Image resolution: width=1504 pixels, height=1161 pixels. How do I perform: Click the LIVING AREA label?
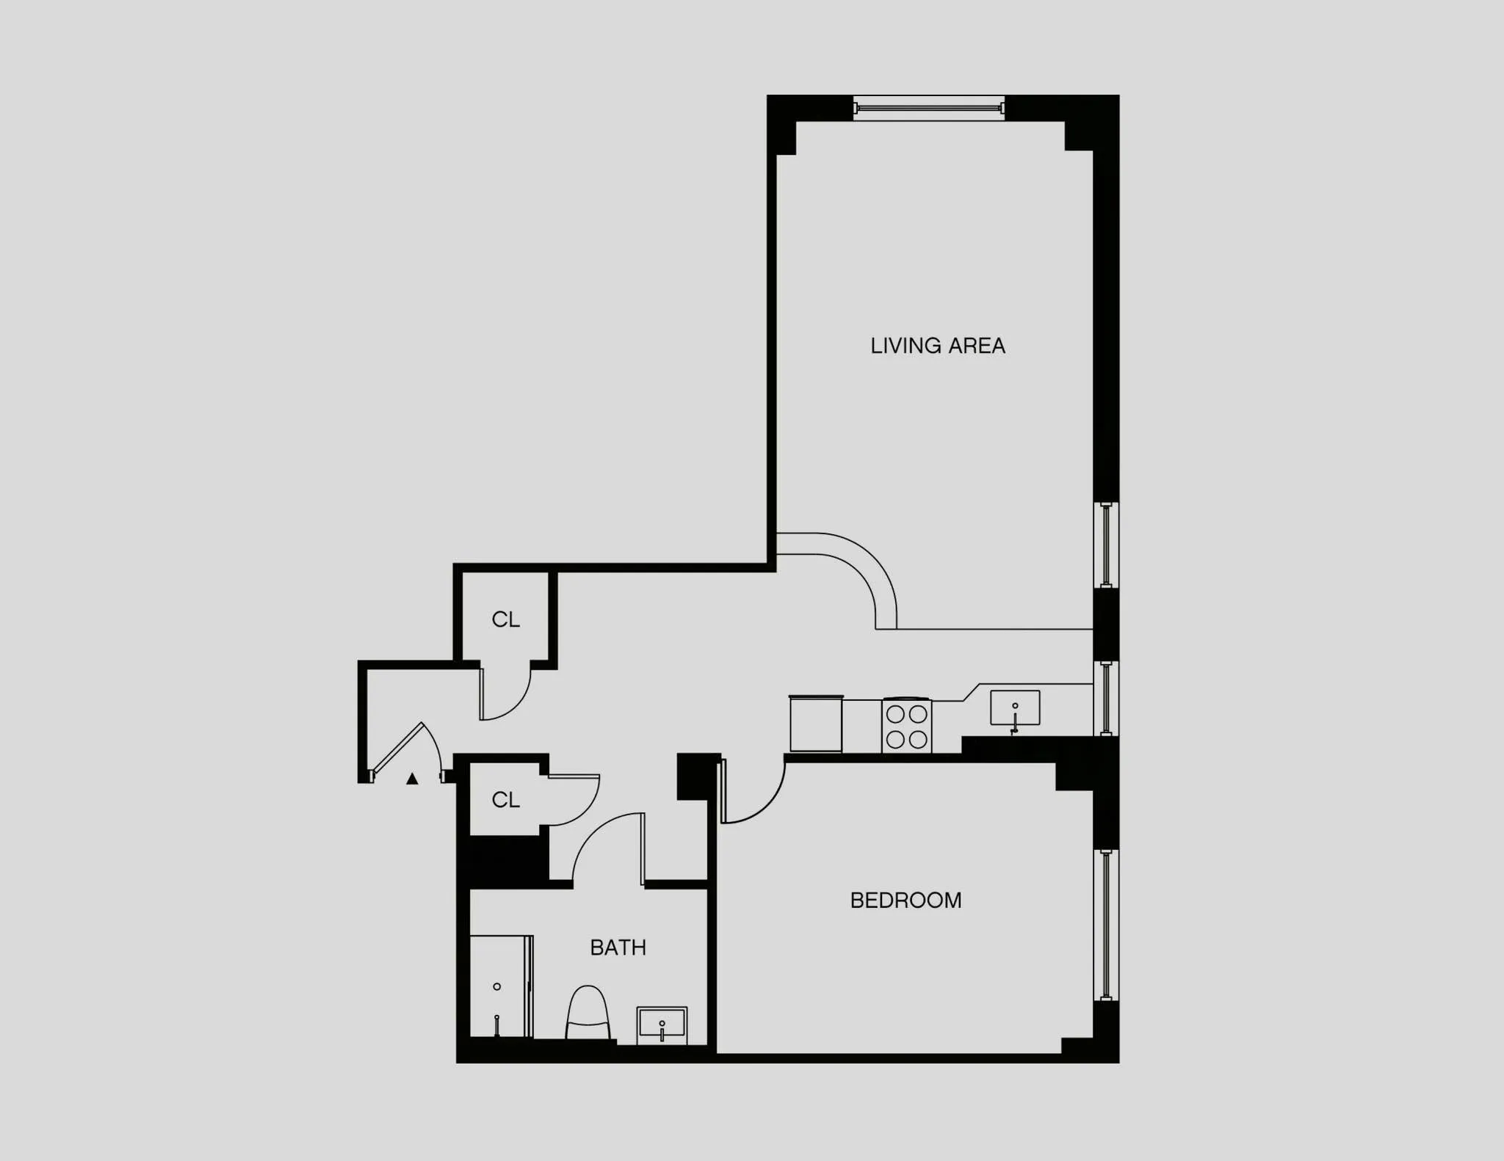pos(937,346)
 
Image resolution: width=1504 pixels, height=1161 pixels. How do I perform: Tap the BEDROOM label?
pos(905,900)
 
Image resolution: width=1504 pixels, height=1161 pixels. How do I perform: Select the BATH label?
pos(618,947)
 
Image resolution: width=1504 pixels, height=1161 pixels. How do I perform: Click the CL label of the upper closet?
pos(505,620)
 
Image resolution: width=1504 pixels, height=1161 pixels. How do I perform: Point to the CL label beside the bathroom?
pos(505,800)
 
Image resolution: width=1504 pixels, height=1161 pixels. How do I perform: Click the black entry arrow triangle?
pos(412,779)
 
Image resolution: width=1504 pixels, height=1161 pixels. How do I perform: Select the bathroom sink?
pos(662,1023)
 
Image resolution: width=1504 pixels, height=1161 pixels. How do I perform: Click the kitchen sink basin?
pos(1015,707)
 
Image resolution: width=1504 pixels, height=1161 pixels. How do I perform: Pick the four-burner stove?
pos(906,726)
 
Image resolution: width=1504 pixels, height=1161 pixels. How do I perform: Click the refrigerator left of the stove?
pos(816,724)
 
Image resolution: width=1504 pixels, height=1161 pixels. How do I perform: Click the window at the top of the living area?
pos(929,109)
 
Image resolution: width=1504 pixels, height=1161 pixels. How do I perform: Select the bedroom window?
pos(1106,925)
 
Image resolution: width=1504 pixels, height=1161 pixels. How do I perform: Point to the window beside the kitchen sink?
pos(1106,698)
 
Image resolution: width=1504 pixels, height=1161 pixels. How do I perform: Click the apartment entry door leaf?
pos(398,748)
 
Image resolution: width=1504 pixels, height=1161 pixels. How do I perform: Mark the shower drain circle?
pos(497,986)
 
